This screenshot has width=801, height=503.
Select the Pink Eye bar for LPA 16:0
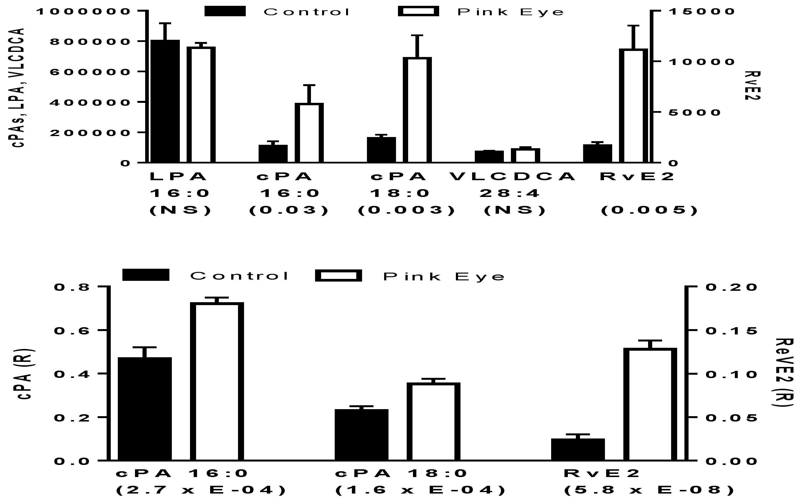(x=201, y=105)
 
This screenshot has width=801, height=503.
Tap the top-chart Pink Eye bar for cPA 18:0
(x=417, y=110)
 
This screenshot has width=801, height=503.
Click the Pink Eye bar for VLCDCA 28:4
(x=525, y=155)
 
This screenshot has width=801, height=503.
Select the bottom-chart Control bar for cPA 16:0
(x=145, y=409)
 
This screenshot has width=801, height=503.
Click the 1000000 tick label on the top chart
(x=83, y=12)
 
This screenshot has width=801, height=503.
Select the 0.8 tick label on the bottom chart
(x=72, y=287)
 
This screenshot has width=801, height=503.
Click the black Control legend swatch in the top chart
(x=225, y=11)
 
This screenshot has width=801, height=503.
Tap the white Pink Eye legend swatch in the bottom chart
(x=338, y=276)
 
